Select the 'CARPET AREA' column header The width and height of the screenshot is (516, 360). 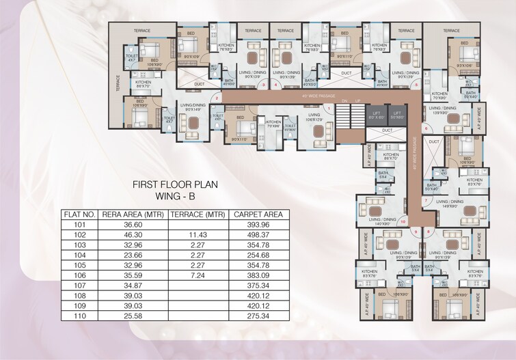click(260, 214)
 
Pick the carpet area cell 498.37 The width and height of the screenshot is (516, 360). click(260, 234)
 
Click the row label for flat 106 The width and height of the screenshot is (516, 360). click(79, 274)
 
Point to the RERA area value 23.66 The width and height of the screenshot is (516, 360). click(130, 254)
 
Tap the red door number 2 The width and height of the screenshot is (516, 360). click(216, 99)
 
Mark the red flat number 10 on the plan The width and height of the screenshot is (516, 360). click(403, 221)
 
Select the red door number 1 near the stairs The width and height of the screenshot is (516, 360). click(329, 109)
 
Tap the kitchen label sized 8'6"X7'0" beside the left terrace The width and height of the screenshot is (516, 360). click(143, 84)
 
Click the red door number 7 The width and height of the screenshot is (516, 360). click(424, 200)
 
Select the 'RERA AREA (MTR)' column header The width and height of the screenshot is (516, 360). click(130, 214)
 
